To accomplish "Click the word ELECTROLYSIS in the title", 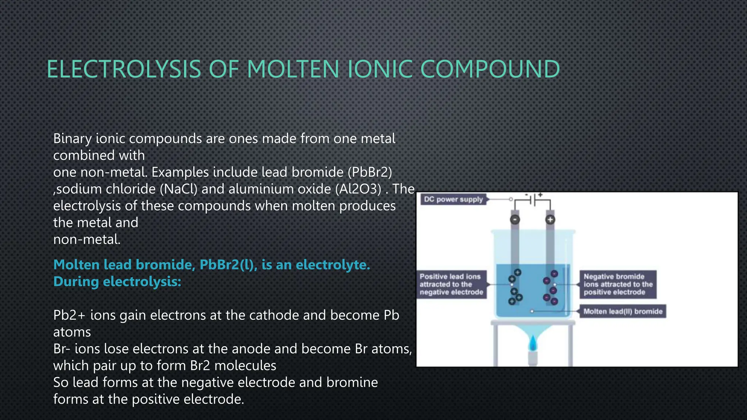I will coord(124,69).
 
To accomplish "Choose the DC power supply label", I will coord(453,199).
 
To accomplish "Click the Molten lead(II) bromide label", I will coord(623,311).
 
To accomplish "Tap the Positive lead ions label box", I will coord(452,284).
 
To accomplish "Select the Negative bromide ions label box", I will coord(618,284).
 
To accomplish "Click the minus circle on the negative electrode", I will coord(515,220).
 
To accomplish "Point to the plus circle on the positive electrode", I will coord(550,219).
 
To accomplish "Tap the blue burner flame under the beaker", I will coord(533,343).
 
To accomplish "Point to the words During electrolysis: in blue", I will coord(117,281).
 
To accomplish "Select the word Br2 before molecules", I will coord(200,366).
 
